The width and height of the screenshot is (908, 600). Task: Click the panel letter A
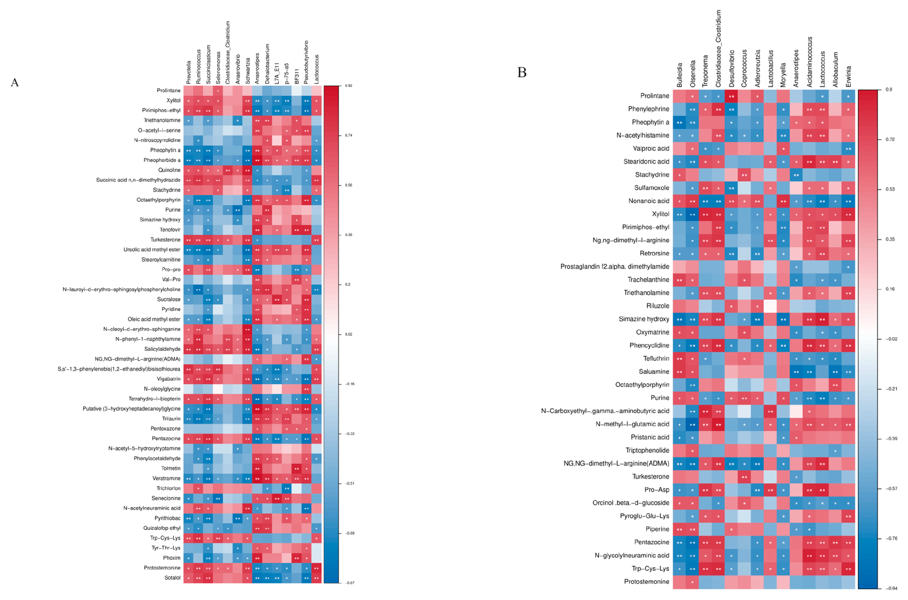(x=15, y=83)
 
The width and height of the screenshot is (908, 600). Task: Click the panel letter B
(x=522, y=72)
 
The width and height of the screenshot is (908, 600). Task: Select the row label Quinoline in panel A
(x=169, y=170)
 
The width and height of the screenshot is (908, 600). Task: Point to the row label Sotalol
(x=172, y=578)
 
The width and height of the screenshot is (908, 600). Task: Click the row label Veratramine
(x=166, y=478)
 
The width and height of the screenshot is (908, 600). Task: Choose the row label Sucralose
(x=169, y=299)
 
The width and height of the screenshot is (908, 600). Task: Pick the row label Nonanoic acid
(x=649, y=201)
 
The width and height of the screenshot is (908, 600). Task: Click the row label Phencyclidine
(x=649, y=345)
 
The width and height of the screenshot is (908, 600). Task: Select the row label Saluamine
(x=654, y=371)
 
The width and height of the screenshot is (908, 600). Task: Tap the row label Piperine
(x=657, y=529)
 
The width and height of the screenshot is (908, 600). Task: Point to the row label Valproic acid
(x=651, y=149)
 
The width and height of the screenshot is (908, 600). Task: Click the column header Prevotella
(x=189, y=73)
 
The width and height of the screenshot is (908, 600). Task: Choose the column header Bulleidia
(x=679, y=75)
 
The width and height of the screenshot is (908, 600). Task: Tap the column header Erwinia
(x=848, y=76)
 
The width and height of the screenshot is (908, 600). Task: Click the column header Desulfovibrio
(x=731, y=69)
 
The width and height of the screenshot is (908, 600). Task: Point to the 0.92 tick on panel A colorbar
(x=348, y=86)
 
